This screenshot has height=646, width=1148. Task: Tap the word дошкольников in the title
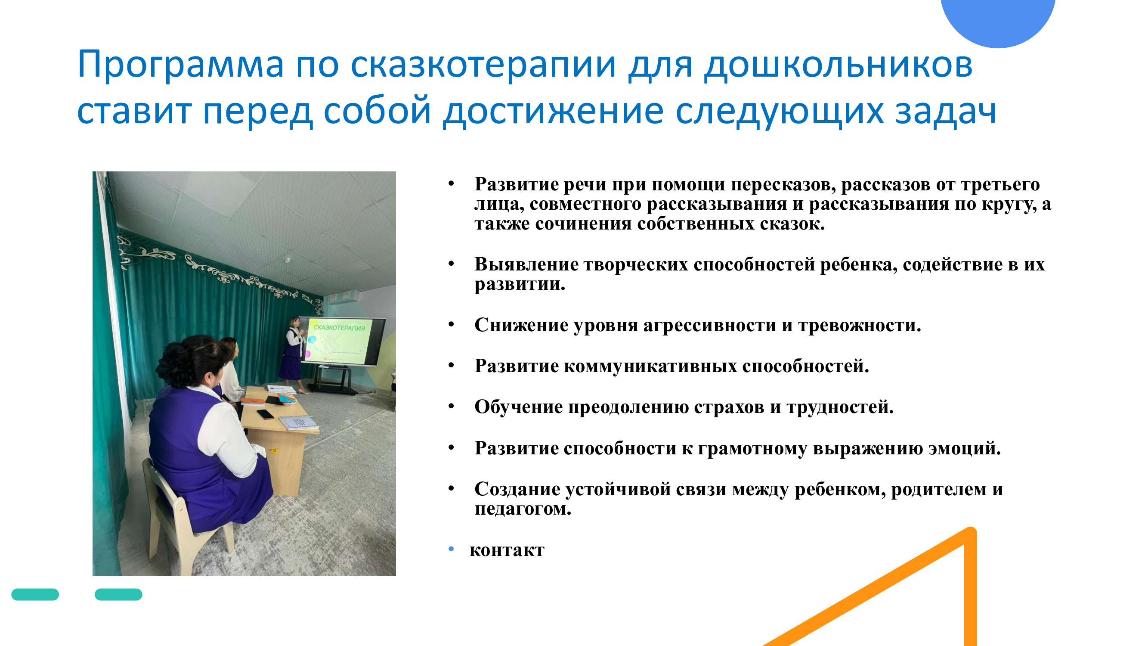click(x=838, y=65)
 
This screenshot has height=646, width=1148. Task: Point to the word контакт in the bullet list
click(x=507, y=550)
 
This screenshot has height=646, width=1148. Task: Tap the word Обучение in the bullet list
click(x=518, y=407)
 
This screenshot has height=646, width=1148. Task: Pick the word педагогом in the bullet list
click(x=523, y=509)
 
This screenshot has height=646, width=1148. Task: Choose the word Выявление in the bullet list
click(x=526, y=264)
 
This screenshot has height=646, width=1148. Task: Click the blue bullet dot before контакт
click(x=451, y=549)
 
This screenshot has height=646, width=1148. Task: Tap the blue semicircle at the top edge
click(x=998, y=20)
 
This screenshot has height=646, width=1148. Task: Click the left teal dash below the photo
click(x=35, y=594)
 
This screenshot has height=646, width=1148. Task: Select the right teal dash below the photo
click(x=118, y=594)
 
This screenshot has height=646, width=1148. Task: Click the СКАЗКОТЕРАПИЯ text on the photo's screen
click(x=339, y=328)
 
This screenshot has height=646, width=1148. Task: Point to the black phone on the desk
click(x=266, y=415)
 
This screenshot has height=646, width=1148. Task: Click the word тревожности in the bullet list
click(x=859, y=325)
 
